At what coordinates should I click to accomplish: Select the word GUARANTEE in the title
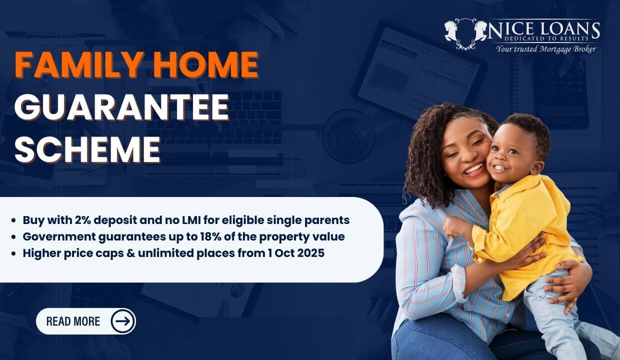(x=121, y=107)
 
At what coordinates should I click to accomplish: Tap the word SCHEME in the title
(x=87, y=149)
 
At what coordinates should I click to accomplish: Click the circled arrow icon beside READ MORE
(x=122, y=321)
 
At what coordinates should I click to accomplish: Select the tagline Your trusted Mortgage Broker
(x=545, y=49)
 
